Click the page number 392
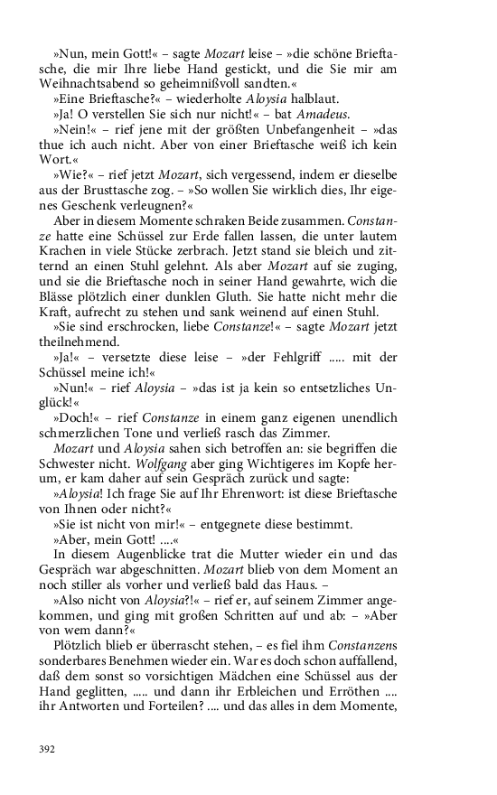pyautogui.click(x=47, y=749)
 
